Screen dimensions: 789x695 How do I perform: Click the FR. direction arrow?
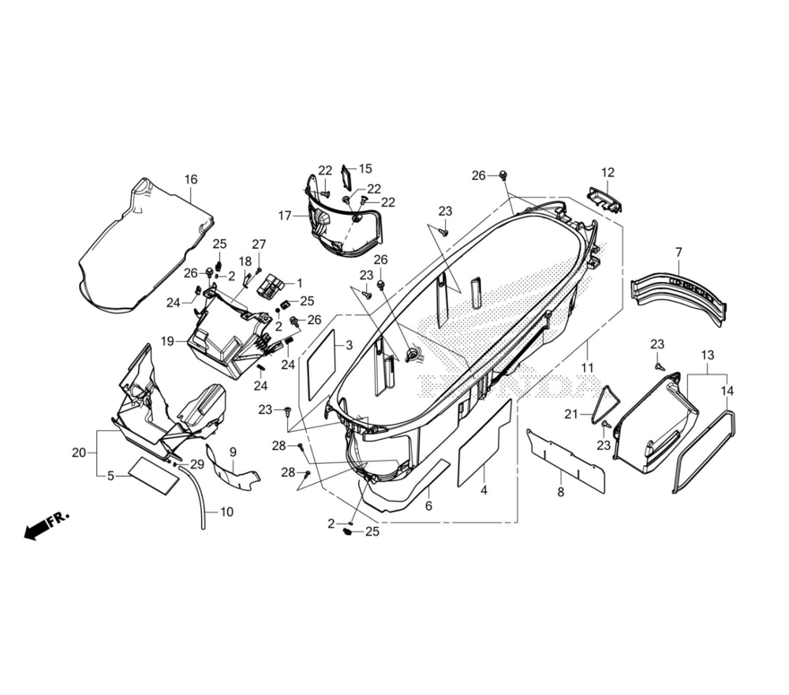tap(47, 526)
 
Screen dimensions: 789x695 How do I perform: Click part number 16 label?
tap(191, 179)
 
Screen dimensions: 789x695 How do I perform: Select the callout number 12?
tap(608, 172)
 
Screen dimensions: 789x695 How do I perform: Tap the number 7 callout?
tap(679, 252)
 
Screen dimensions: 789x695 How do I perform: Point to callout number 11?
tap(587, 368)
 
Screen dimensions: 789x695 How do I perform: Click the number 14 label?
tap(727, 391)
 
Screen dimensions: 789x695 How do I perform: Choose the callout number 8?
tap(561, 492)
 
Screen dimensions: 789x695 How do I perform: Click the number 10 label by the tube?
tap(227, 512)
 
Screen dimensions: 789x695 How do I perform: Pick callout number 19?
tap(167, 341)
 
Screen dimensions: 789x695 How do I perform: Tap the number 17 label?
tap(285, 216)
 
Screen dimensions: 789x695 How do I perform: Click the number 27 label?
tap(259, 244)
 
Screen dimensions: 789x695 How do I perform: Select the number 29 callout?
tap(196, 464)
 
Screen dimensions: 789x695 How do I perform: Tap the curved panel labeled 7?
tap(679, 297)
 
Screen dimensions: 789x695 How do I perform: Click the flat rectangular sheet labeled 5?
tap(154, 475)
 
